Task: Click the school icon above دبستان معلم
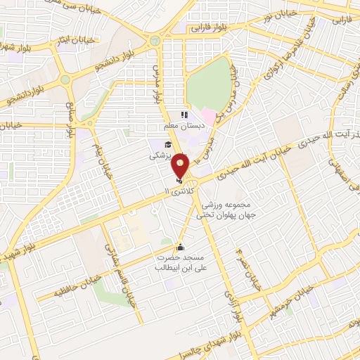(x=184, y=115)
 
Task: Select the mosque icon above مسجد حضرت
(x=180, y=247)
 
